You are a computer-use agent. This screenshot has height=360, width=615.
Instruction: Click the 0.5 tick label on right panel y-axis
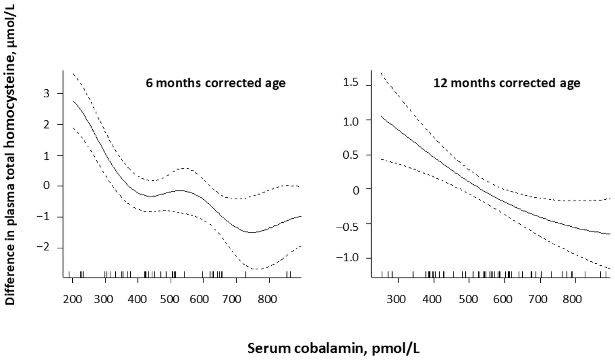point(351,155)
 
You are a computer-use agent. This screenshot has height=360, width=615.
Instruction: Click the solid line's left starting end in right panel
point(381,116)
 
